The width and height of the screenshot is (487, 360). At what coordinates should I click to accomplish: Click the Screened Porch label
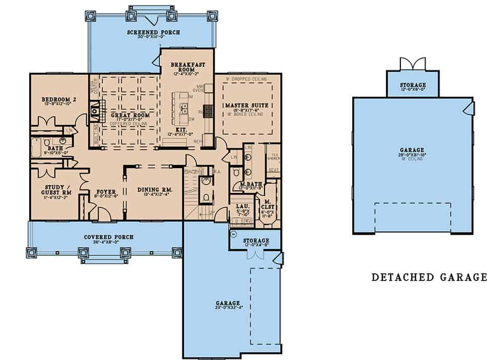[151, 33]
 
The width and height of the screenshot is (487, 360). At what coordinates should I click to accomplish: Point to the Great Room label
[130, 115]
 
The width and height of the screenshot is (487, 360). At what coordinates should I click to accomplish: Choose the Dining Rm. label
[154, 190]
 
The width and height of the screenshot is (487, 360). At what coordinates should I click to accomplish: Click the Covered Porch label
[109, 237]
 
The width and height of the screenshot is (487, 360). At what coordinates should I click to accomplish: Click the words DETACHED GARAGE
[429, 277]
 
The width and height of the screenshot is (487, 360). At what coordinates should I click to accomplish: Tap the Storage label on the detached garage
[412, 85]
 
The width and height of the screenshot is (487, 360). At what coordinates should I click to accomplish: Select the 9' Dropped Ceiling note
[247, 79]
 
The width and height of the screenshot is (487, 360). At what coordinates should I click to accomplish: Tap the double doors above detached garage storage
[413, 64]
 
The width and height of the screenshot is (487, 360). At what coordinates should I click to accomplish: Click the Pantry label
[191, 171]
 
